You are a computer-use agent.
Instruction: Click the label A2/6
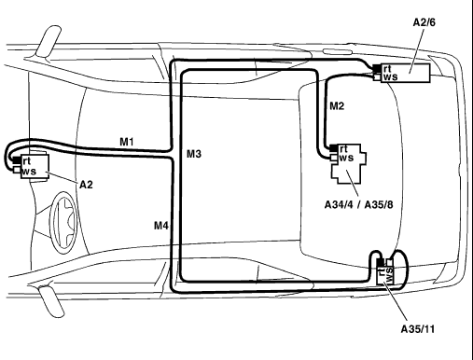[x=424, y=22]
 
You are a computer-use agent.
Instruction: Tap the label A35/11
[x=417, y=329]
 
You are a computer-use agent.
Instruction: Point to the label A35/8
[x=379, y=205]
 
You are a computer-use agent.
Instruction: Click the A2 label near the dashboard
[x=86, y=185]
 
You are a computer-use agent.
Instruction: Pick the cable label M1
[x=127, y=142]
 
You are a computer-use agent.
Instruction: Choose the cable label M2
[x=337, y=106]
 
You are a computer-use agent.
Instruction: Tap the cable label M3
[x=194, y=154]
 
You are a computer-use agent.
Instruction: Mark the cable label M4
[x=161, y=226]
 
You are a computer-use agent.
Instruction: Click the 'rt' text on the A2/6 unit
[x=387, y=68]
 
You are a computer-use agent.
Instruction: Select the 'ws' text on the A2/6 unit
[x=391, y=76]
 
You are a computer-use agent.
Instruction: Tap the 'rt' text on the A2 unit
[x=27, y=161]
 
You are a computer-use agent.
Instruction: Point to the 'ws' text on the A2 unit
[x=29, y=171]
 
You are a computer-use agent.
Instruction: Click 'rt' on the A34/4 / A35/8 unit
[x=343, y=149]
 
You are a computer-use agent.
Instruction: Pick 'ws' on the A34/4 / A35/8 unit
[x=346, y=158]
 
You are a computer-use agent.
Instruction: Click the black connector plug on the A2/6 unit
[x=377, y=68]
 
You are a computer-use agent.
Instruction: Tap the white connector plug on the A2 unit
[x=16, y=170]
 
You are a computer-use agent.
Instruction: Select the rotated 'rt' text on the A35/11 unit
[x=381, y=271]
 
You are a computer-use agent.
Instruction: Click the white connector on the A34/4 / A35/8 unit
[x=334, y=158]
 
